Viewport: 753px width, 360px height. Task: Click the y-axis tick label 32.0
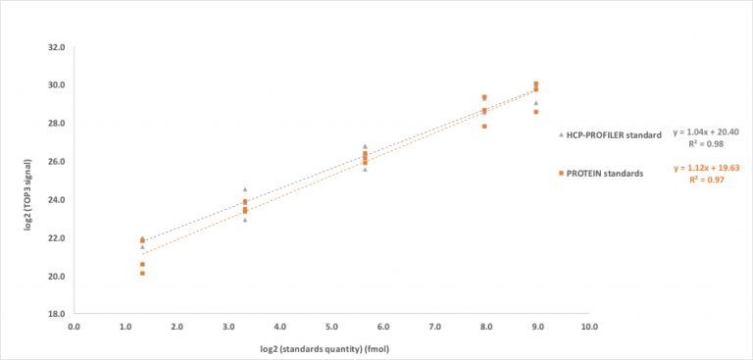56,46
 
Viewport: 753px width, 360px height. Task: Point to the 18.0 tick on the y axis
56,314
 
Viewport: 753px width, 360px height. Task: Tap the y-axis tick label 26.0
56,161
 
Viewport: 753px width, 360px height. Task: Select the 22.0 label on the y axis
56,237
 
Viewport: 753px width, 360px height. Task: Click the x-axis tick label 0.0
74,327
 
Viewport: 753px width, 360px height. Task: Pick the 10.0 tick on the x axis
588,327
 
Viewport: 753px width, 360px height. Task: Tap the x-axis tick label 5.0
331,327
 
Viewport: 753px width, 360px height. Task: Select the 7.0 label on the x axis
433,327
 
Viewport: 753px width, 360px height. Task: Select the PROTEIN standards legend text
605,173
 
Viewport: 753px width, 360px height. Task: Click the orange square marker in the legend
560,173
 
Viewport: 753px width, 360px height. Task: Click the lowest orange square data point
142,273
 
